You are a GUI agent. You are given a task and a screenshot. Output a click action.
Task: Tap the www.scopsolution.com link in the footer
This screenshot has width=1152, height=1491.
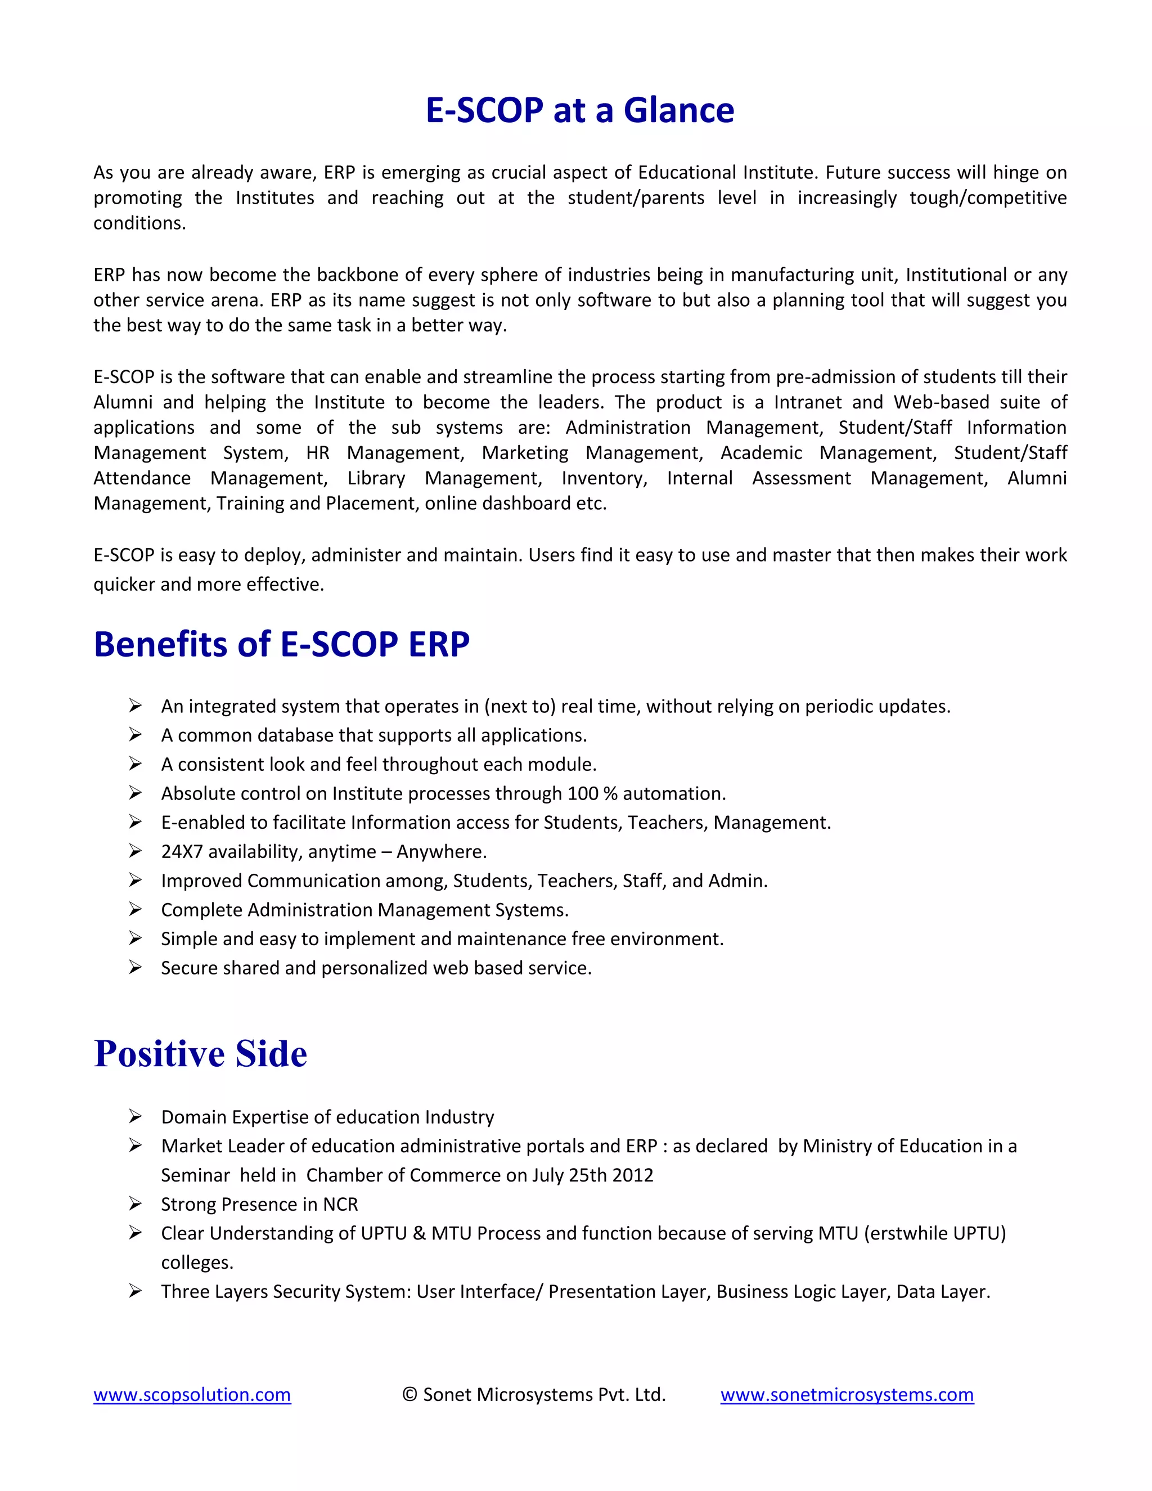[192, 1394]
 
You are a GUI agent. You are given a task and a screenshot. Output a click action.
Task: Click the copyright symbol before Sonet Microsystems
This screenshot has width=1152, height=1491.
[409, 1394]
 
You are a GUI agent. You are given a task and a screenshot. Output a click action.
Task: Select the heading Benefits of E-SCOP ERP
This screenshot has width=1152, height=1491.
[281, 644]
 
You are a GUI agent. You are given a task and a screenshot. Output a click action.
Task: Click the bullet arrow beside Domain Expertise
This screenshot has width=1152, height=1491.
[135, 1116]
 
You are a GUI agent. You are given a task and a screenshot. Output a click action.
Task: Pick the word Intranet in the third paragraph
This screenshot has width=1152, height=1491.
[804, 402]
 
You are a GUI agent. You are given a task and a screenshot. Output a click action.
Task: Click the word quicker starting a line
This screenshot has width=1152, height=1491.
[124, 585]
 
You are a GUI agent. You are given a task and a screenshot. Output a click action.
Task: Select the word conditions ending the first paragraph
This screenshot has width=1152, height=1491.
[139, 223]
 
